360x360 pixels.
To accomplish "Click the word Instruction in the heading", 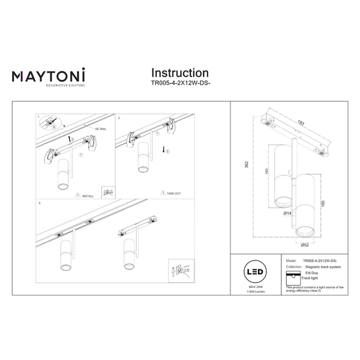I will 180,74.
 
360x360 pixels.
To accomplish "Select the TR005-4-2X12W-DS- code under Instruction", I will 181,85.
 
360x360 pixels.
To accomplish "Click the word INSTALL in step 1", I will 87,196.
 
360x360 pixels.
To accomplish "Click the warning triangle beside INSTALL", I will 77,196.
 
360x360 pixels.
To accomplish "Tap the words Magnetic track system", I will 322,266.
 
